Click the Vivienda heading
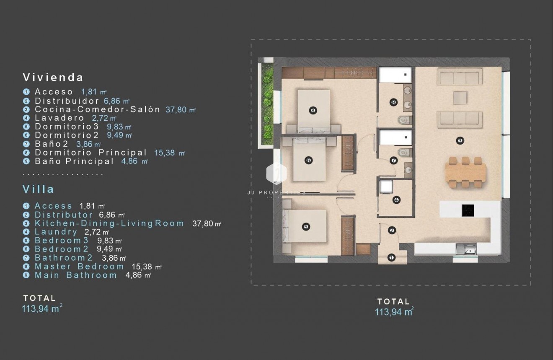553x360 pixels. point(53,77)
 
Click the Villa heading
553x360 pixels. point(39,189)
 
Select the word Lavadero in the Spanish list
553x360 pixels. point(59,118)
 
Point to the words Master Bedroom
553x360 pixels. point(79,267)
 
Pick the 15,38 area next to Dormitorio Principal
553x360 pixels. point(165,153)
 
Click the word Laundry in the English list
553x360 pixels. point(56,232)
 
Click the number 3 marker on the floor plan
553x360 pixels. point(460,141)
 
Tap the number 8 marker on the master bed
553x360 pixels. point(313,110)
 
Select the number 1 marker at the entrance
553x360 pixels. point(392,257)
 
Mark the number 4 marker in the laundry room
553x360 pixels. point(396,200)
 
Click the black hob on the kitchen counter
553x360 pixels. point(468,210)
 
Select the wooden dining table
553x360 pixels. point(466,173)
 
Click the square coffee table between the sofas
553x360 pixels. point(460,98)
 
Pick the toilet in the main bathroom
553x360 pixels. point(403,121)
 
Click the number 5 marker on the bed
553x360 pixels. point(305,227)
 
